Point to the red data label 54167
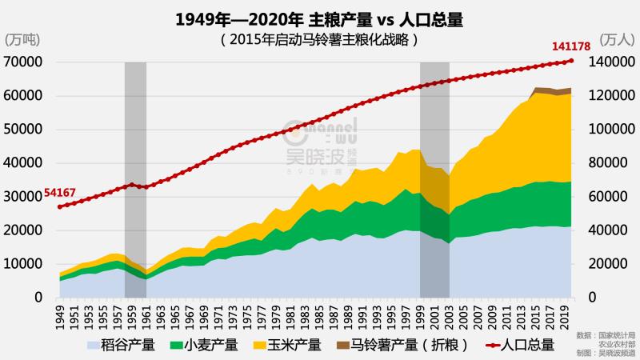[60, 193]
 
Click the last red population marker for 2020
[570, 61]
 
